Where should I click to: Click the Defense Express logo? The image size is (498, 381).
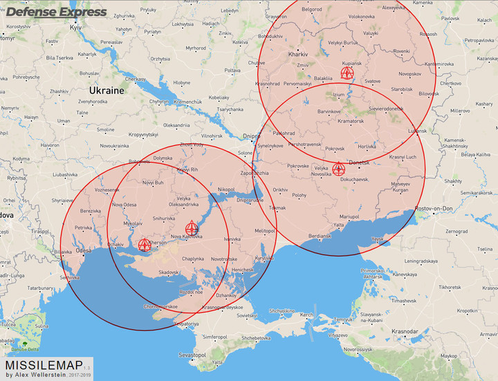(57, 12)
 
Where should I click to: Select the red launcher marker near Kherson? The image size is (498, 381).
(145, 244)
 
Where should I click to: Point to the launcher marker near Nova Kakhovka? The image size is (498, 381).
(192, 227)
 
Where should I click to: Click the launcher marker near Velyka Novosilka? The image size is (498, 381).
(338, 169)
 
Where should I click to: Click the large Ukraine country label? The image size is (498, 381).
(106, 91)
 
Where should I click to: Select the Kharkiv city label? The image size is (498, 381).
(297, 53)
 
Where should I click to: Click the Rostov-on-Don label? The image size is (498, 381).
(434, 210)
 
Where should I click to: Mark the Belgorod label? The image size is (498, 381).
(311, 9)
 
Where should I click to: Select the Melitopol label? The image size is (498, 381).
(265, 230)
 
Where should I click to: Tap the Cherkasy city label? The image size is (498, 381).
(135, 79)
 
